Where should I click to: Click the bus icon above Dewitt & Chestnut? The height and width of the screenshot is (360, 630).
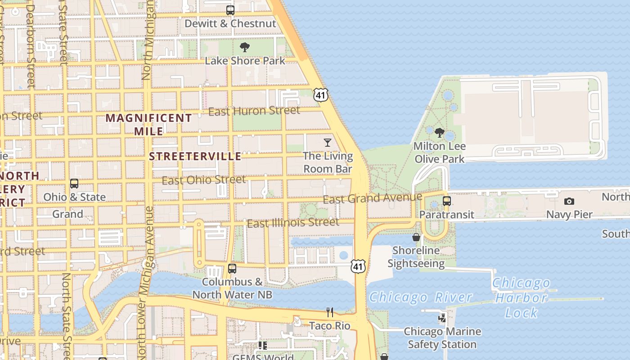(230, 10)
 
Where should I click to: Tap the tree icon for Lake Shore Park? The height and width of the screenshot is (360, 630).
(245, 47)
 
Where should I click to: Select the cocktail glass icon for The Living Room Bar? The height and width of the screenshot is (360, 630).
(328, 143)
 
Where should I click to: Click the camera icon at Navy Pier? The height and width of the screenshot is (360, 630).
(569, 201)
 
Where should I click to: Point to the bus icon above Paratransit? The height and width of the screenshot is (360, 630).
(447, 201)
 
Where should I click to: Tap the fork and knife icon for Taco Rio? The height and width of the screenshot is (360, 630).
(330, 312)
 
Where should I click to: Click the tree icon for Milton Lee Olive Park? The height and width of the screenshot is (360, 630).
(440, 133)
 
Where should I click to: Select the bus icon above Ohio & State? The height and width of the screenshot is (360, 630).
(74, 184)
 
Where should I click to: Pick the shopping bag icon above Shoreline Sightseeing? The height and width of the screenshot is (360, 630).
(416, 237)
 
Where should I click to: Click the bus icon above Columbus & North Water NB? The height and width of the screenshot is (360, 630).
(232, 269)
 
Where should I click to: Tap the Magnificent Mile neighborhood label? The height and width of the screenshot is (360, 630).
(148, 125)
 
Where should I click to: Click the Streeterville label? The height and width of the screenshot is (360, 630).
(195, 156)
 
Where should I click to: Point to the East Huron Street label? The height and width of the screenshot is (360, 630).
(254, 111)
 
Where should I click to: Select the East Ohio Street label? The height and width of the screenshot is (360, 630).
(204, 180)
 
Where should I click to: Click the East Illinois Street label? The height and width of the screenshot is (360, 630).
(293, 223)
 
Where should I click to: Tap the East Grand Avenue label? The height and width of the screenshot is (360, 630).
(373, 198)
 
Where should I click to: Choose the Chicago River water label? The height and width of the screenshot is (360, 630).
(421, 297)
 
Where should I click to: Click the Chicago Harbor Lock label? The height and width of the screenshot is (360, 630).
(521, 298)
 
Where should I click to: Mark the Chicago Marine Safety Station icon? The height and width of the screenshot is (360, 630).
(442, 318)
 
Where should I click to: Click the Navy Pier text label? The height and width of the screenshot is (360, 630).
(569, 215)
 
